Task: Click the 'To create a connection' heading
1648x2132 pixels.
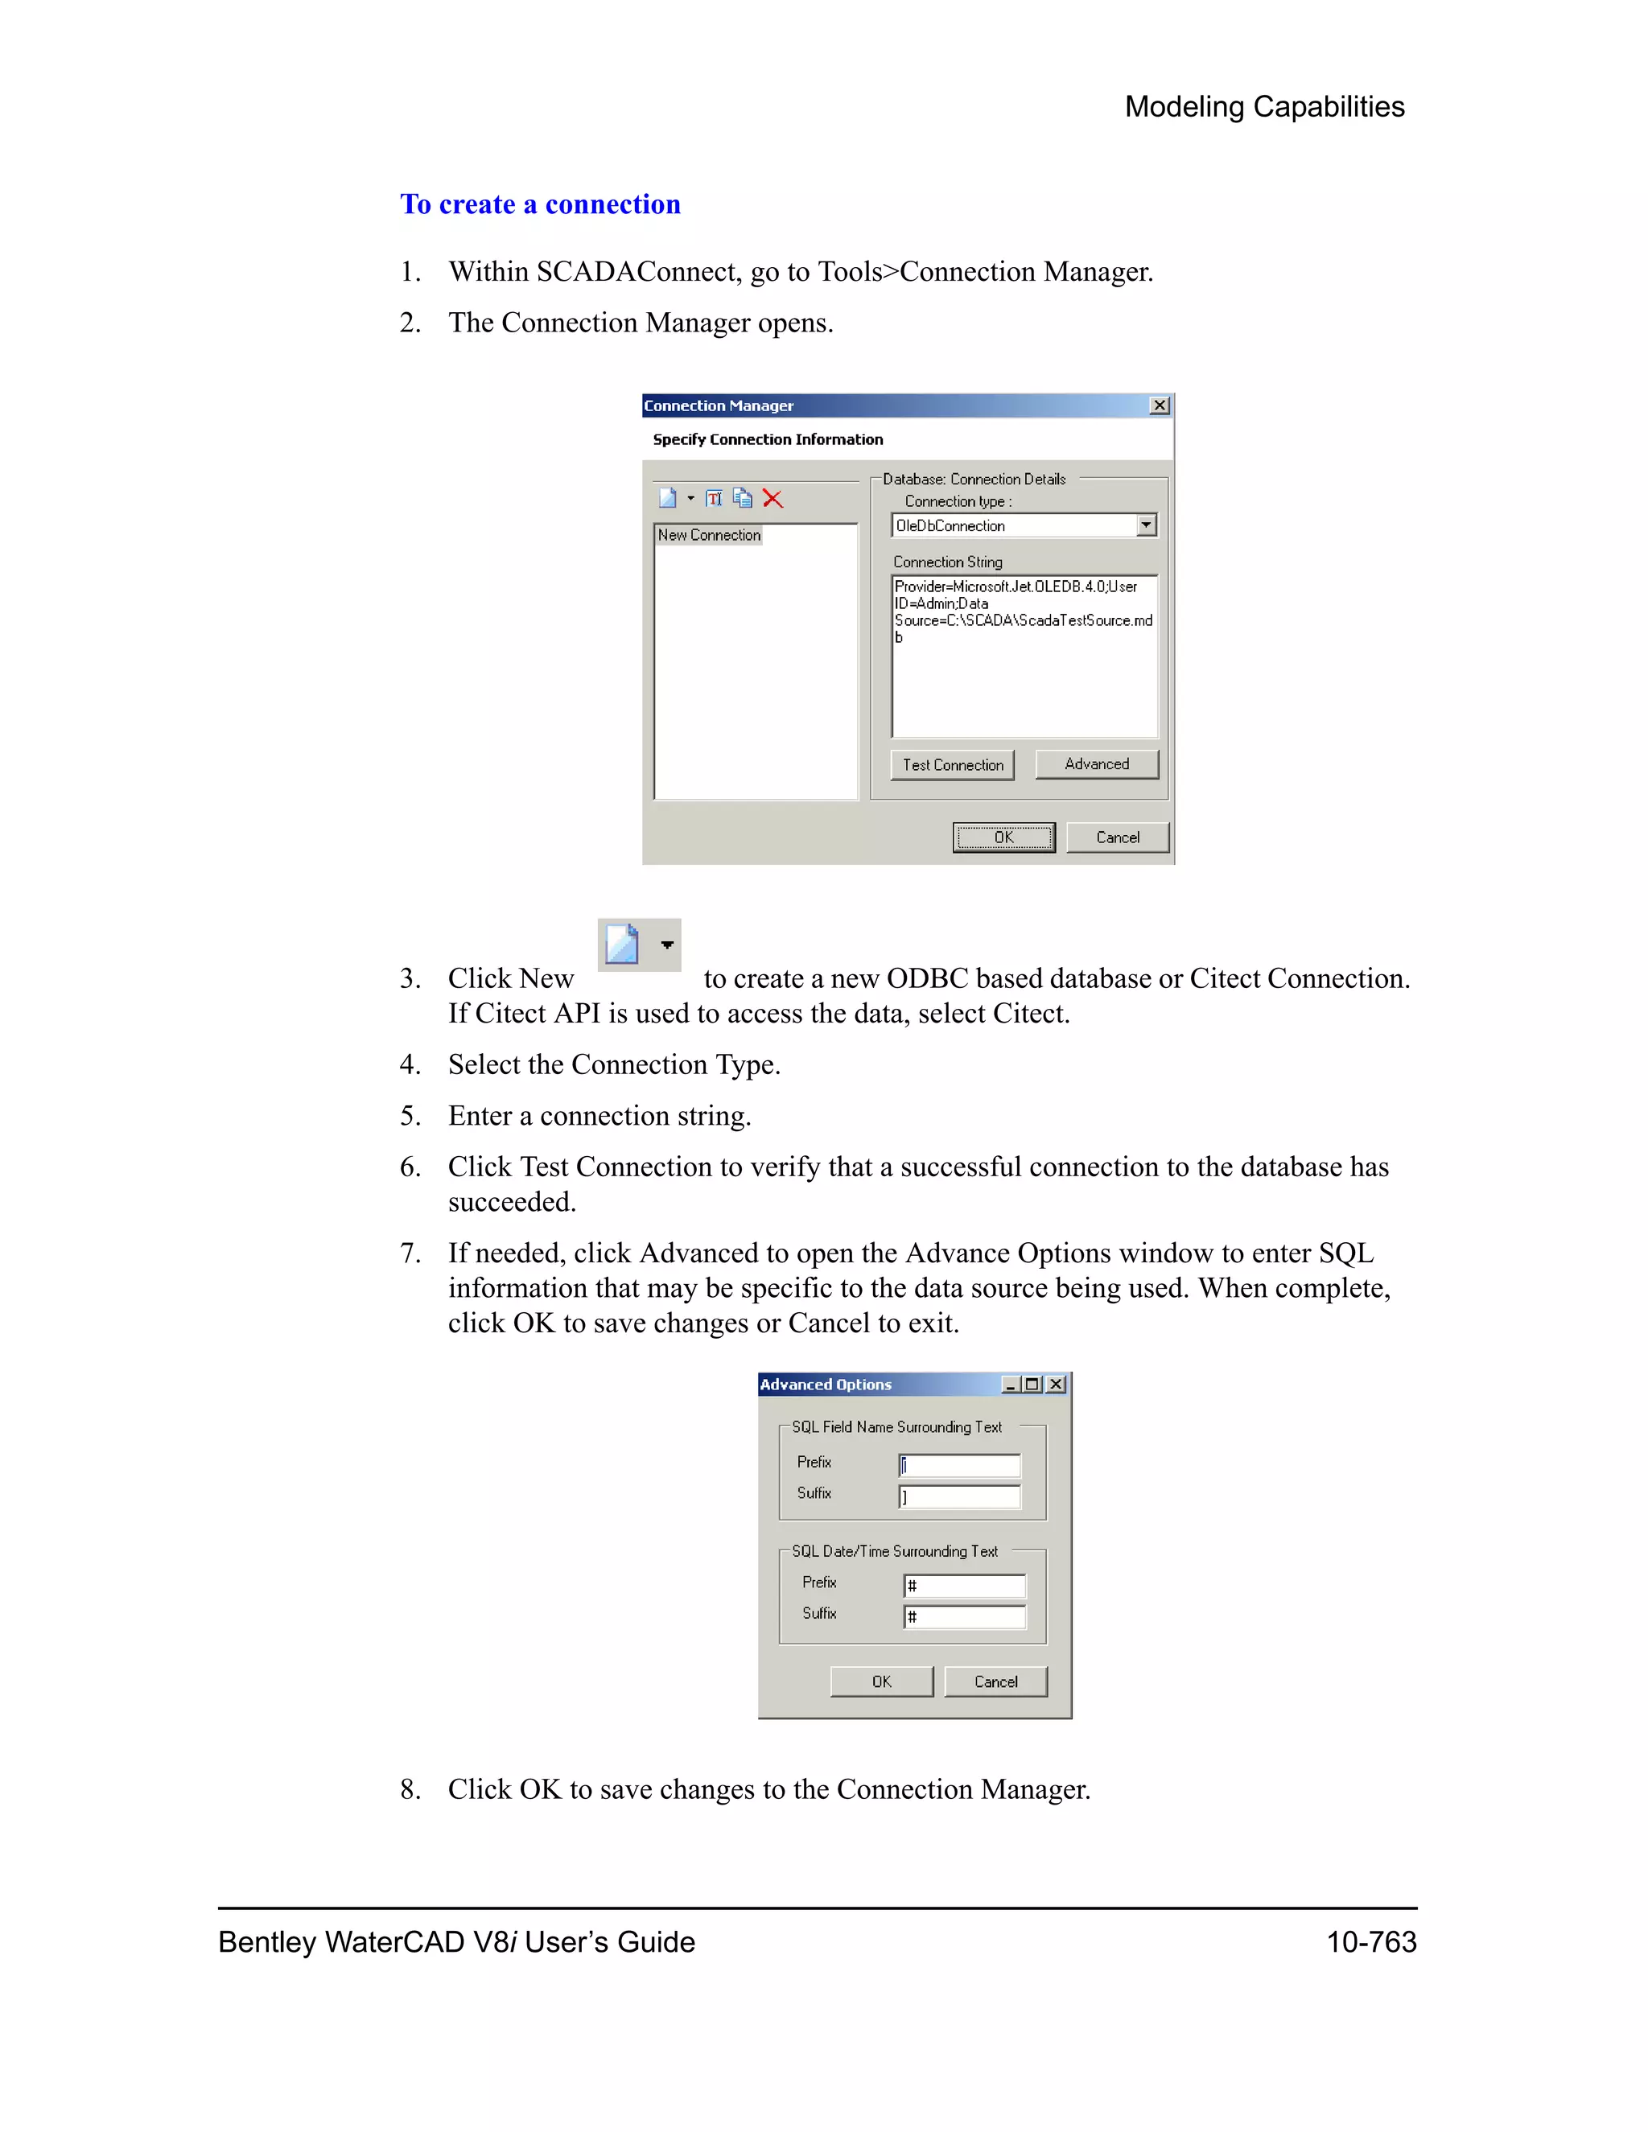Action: coord(540,204)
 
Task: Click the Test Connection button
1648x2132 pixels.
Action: coord(952,764)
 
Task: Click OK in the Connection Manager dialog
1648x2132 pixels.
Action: coord(1003,837)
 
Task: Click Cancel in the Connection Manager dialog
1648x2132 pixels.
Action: coord(1117,837)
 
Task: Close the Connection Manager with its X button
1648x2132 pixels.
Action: coord(1159,405)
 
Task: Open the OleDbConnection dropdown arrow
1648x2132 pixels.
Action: coord(1146,525)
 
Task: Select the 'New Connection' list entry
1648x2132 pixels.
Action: coord(709,535)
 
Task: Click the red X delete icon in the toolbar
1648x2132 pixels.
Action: coord(772,499)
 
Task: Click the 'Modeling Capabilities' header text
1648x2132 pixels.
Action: coord(1263,106)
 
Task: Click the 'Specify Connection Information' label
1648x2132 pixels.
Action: coord(768,439)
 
